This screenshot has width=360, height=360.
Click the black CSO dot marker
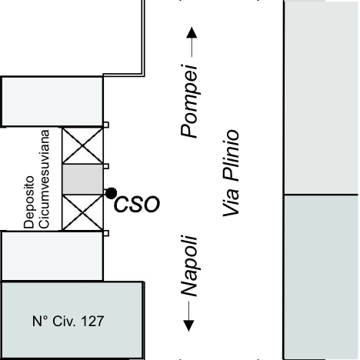click(112, 193)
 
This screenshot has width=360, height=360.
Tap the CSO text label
click(137, 205)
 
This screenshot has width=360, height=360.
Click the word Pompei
click(189, 102)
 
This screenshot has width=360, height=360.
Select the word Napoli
click(189, 266)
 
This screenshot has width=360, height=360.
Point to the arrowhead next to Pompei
click(192, 32)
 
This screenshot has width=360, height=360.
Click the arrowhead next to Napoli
click(189, 325)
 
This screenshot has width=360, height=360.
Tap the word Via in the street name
click(231, 202)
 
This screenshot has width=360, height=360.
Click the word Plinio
click(231, 156)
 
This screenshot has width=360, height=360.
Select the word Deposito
click(29, 202)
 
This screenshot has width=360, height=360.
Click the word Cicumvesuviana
click(45, 179)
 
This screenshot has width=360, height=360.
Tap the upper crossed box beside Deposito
click(82, 145)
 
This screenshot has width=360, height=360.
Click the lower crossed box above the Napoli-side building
click(82, 212)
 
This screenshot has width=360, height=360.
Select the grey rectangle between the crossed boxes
click(82, 179)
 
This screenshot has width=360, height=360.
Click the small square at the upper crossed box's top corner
click(106, 125)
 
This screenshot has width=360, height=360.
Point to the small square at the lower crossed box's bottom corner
click(106, 233)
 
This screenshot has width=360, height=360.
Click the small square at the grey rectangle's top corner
click(106, 166)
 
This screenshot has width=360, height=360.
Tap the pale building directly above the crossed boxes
click(52, 102)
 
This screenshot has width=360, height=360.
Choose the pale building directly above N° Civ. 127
click(52, 256)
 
